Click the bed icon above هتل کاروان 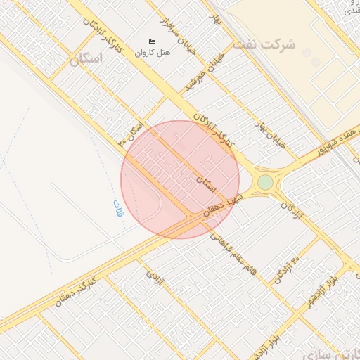pos(153,42)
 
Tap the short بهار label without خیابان pos(217,20)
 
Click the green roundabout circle pos(265,183)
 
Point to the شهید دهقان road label pos(224,205)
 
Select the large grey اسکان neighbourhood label pos(86,59)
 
